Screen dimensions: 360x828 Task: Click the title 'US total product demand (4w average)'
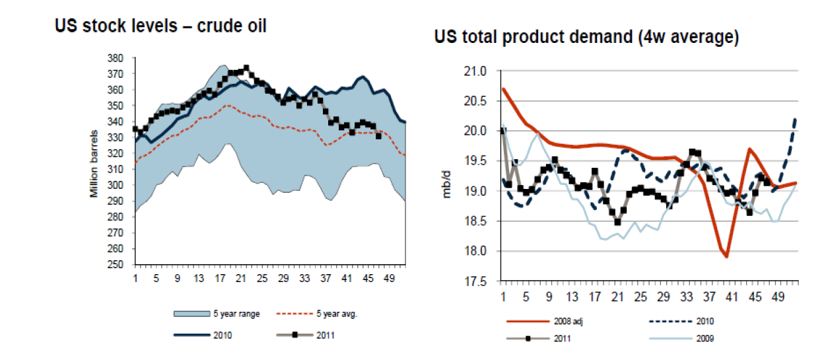tap(586, 38)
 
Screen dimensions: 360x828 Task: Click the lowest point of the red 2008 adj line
tap(726, 256)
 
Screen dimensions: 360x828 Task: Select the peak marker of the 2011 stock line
tap(246, 67)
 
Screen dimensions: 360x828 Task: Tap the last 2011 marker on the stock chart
tap(379, 137)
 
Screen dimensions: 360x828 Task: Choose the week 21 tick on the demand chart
tap(617, 296)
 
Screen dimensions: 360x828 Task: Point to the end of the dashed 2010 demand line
tap(795, 118)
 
